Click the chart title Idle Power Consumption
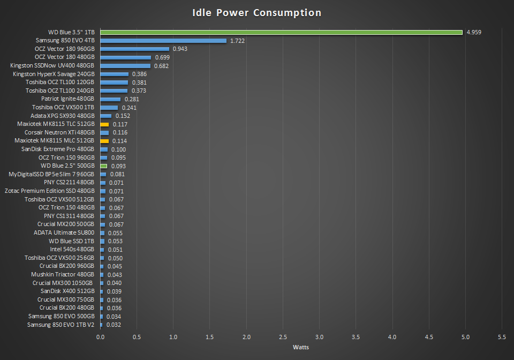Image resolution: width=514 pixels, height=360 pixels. coord(257,12)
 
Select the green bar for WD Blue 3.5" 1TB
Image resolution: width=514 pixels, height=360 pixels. coord(281,32)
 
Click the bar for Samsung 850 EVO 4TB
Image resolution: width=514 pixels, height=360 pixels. coord(163,41)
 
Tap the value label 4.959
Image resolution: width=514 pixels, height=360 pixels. coord(474,32)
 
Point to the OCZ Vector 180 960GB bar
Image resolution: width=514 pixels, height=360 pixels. coord(134,49)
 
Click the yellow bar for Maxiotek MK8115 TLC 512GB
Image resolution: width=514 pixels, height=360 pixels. coord(104,124)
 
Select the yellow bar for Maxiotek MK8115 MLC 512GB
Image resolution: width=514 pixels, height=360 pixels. coord(104,141)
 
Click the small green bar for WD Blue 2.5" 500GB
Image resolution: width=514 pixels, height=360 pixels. coord(103,166)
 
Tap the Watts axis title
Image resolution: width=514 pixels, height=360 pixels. coord(300,347)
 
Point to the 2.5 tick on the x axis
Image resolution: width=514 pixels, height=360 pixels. coord(283,337)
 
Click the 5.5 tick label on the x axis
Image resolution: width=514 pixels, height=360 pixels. coord(502,337)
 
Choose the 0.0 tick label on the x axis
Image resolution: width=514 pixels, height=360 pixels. coord(100,337)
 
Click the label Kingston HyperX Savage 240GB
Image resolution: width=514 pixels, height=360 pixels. coord(54,74)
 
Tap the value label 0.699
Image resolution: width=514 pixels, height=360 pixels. coord(162,57)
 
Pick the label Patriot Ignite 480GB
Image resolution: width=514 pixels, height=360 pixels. coord(67,99)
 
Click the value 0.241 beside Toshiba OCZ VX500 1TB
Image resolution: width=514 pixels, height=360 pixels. coord(129,108)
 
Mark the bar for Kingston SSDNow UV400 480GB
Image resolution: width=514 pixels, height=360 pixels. coord(125,66)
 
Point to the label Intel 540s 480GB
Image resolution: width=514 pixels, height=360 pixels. coord(72,250)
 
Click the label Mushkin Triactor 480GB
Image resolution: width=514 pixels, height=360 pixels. coord(63,275)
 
